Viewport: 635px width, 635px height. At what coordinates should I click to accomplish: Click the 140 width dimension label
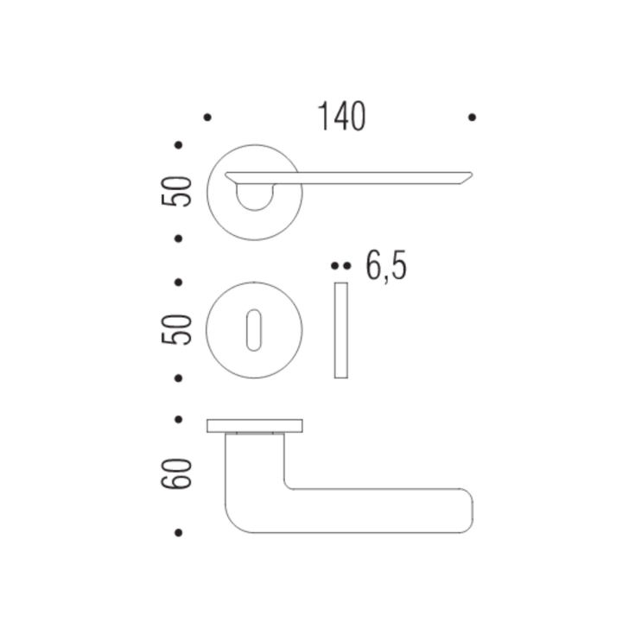pos(341,117)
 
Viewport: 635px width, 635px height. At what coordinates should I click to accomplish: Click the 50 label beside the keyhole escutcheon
pos(180,329)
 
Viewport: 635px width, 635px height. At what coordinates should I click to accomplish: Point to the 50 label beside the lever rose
pos(180,191)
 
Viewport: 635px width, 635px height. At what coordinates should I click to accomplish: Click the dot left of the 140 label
pos(206,117)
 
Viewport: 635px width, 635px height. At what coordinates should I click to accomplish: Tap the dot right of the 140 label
pos(472,117)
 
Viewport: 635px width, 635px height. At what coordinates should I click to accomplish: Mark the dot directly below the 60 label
pos(179,533)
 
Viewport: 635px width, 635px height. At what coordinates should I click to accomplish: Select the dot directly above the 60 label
pos(179,420)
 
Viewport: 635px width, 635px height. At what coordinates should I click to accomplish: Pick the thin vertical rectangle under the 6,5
pos(340,329)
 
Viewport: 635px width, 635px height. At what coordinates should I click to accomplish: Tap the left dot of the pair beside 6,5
pos(335,267)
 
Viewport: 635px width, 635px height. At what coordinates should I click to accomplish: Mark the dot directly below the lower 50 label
pos(179,378)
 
